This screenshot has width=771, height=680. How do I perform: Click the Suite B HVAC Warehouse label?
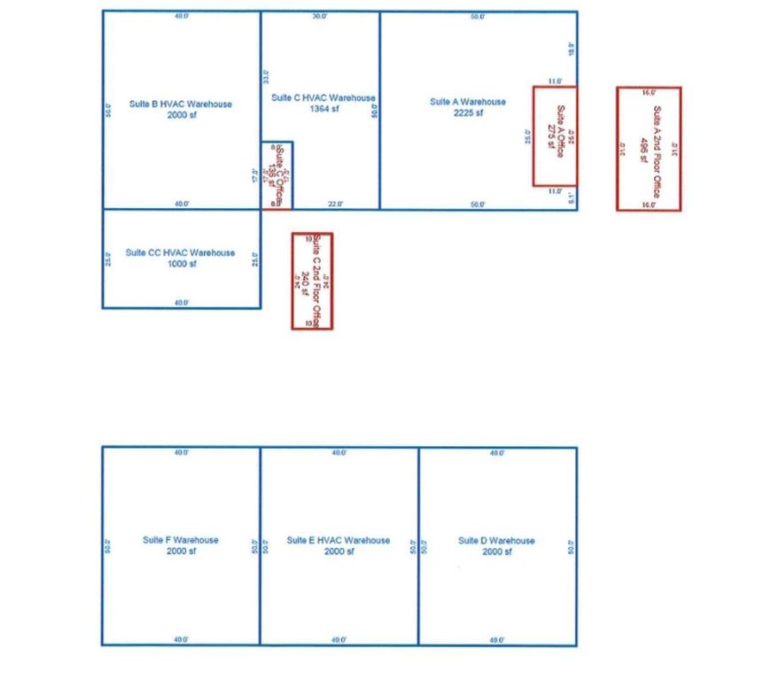tap(181, 104)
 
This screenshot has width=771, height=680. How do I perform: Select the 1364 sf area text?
tap(323, 110)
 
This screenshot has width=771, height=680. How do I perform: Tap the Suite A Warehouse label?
tap(468, 102)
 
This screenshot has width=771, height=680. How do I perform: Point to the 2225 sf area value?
tap(468, 113)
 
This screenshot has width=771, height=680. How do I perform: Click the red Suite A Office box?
tap(555, 135)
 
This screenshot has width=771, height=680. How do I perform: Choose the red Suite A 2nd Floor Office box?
tap(649, 149)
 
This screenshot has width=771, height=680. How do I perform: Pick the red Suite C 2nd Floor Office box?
tap(312, 281)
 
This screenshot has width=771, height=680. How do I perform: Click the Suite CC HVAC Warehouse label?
tap(181, 252)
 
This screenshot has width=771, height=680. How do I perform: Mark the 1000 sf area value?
tap(181, 264)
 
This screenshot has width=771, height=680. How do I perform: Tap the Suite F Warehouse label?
tap(181, 540)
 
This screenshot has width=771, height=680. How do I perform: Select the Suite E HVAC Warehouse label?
tap(339, 540)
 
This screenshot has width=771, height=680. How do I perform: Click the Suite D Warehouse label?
tap(496, 540)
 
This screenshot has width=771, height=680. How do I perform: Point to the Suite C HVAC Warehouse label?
tap(323, 98)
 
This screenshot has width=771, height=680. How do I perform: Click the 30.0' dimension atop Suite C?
tap(320, 17)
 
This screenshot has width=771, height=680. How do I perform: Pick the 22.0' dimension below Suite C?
tap(336, 205)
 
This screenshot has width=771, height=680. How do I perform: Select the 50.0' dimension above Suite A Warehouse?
tap(478, 17)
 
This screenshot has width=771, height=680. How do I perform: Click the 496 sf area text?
tap(643, 149)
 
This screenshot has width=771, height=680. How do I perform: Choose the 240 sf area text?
tap(306, 281)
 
